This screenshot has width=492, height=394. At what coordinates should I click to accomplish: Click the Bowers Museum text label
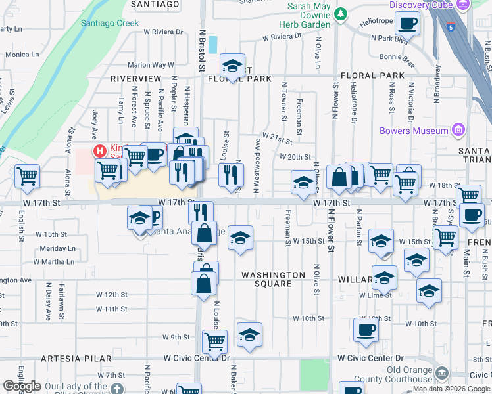point(414,131)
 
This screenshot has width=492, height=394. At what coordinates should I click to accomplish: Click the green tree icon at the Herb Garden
point(341,13)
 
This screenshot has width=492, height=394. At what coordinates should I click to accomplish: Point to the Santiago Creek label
point(110,22)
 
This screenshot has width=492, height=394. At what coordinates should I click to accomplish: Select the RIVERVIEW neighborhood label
point(135,78)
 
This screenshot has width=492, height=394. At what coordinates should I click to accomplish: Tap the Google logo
point(22,387)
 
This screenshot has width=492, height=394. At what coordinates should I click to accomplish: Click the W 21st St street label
point(277,135)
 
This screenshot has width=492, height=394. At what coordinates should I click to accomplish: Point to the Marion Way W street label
point(150,65)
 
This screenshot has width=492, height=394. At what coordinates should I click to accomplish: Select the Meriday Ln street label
point(58,249)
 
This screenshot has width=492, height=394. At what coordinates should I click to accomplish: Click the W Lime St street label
point(376,295)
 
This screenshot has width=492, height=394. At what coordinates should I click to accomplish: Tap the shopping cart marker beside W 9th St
point(214,341)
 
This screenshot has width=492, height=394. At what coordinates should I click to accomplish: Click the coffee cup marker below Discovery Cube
point(407,23)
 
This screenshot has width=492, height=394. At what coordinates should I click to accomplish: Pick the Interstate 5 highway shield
point(448,28)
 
